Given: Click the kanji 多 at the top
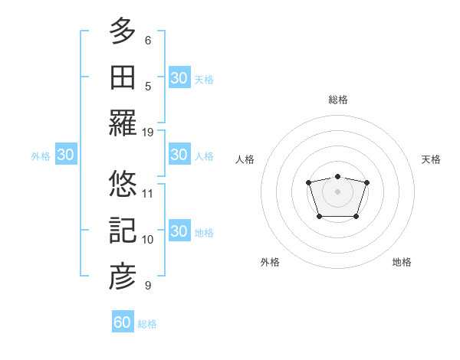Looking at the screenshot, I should pyautogui.click(x=123, y=31).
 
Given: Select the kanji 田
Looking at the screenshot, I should pyautogui.click(x=123, y=77).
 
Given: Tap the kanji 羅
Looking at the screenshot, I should pyautogui.click(x=123, y=123).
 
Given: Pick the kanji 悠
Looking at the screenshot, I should pyautogui.click(x=123, y=184).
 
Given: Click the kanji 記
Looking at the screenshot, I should pyautogui.click(x=123, y=230).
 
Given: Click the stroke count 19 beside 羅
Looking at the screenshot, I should pyautogui.click(x=148, y=132).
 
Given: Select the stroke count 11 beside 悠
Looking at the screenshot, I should pyautogui.click(x=148, y=193).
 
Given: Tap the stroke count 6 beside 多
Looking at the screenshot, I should pyautogui.click(x=148, y=40).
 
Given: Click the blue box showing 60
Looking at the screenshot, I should pyautogui.click(x=123, y=322).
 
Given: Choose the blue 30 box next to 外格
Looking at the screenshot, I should pyautogui.click(x=66, y=155).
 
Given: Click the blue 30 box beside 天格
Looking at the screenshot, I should pyautogui.click(x=179, y=77).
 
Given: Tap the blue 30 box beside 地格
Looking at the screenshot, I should pyautogui.click(x=179, y=231).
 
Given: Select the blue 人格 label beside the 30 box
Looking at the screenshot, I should pyautogui.click(x=204, y=155).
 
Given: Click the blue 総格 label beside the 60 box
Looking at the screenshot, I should pyautogui.click(x=148, y=324).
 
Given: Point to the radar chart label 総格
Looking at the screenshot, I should pyautogui.click(x=338, y=100).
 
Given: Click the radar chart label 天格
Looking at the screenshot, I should pyautogui.click(x=432, y=159).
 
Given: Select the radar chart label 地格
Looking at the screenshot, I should pyautogui.click(x=402, y=262).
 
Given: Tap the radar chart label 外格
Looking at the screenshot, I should pyautogui.click(x=270, y=262).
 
